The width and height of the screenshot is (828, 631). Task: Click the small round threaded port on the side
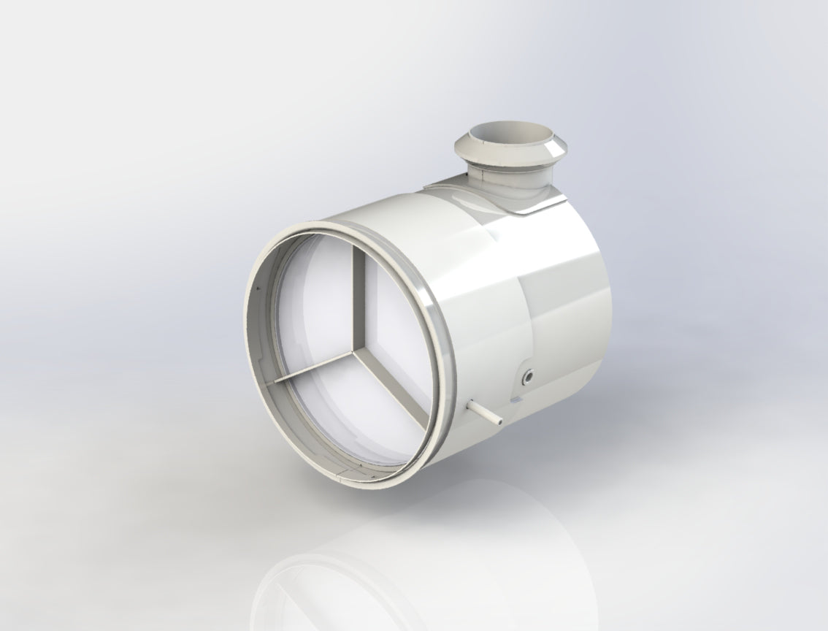tap(528, 378)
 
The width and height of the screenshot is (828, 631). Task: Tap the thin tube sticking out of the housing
tap(483, 411)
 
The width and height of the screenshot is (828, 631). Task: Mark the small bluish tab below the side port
tap(518, 399)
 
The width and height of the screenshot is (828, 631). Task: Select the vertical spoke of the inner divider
tap(358, 299)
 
